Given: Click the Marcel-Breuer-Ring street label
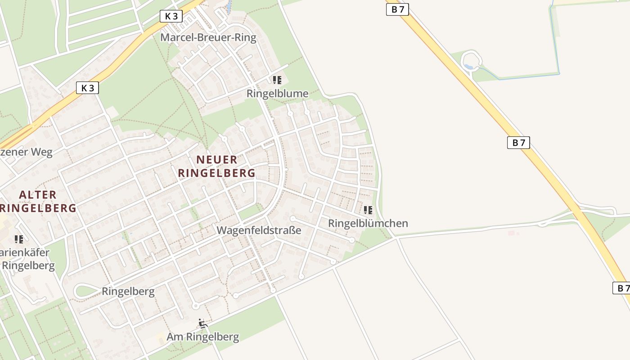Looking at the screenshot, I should (x=208, y=37).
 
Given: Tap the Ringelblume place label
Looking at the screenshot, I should (x=278, y=94).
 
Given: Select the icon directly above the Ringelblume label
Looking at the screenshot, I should (x=277, y=80).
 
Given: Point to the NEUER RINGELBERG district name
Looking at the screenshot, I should (x=216, y=166).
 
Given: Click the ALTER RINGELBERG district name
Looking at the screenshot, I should (x=38, y=201).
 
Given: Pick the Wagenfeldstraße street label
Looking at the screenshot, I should (x=259, y=230).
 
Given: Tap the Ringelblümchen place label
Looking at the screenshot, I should (x=368, y=223).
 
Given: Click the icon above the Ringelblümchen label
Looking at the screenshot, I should (x=368, y=210).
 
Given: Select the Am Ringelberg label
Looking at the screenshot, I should (x=203, y=337).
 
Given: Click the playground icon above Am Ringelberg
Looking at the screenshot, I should (x=203, y=323).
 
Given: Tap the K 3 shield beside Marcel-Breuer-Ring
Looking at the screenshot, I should (x=171, y=16).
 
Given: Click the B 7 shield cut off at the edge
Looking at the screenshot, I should (x=621, y=288).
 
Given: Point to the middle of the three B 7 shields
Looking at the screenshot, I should (x=518, y=143).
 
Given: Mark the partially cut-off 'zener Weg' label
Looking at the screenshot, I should (x=26, y=152).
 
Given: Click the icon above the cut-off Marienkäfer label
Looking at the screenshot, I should (x=19, y=239).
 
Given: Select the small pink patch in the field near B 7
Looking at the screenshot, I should (x=511, y=233).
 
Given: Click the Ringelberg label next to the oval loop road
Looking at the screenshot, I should (x=128, y=291).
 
